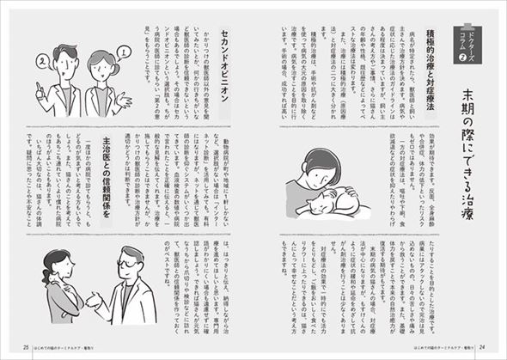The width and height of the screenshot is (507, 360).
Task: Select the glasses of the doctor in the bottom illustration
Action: click(x=126, y=258)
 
